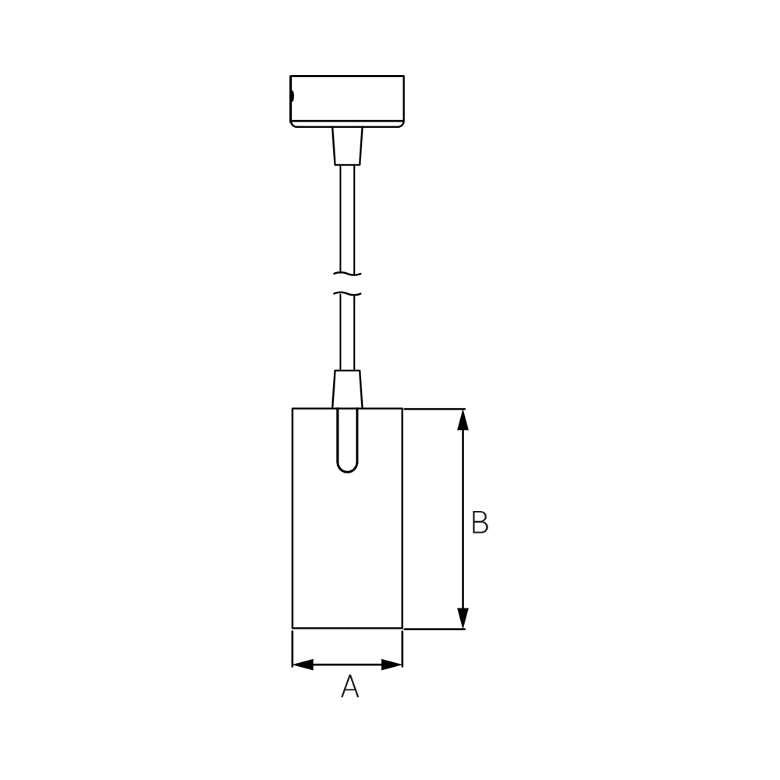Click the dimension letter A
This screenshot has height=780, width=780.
click(349, 686)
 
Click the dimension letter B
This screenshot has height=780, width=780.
click(480, 523)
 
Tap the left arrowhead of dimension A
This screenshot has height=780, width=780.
click(303, 664)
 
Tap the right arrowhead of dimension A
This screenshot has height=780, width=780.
click(392, 664)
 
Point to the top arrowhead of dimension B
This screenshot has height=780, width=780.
click(463, 420)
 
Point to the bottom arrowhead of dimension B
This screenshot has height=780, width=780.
click(463, 619)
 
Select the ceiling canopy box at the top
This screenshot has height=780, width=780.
click(347, 101)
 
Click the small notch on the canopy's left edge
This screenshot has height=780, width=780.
click(292, 96)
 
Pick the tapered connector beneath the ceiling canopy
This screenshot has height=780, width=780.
click(347, 147)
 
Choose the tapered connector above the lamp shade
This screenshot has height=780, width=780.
click(347, 389)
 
